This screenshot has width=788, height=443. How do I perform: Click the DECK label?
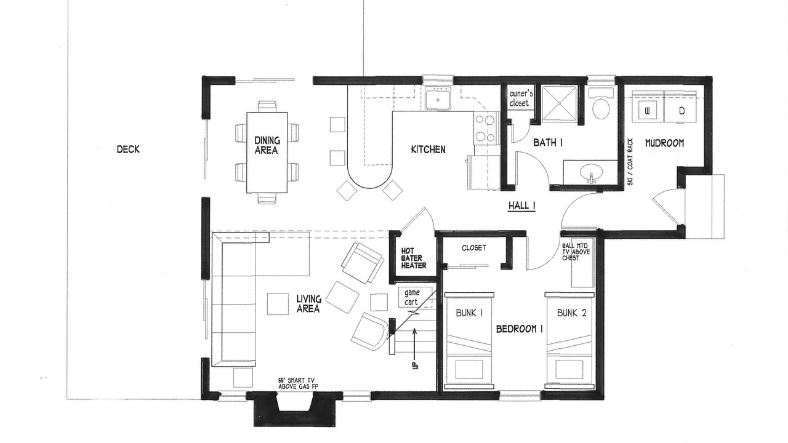click(128, 150)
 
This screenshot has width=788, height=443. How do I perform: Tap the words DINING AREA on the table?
click(267, 146)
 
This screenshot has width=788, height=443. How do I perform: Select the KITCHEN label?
click(428, 150)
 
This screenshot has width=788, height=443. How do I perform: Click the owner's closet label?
click(521, 98)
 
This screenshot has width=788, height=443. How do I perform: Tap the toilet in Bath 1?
click(601, 105)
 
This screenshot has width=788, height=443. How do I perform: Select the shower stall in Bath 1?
click(559, 104)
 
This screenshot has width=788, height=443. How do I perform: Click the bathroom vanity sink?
click(592, 174)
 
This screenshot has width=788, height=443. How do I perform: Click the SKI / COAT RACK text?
click(630, 162)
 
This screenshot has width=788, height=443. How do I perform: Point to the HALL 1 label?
click(521, 206)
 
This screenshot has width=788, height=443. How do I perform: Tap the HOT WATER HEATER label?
click(414, 258)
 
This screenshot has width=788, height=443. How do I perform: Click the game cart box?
click(415, 297)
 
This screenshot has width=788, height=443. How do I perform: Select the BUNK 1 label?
click(468, 313)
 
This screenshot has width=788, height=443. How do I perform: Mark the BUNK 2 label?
click(572, 313)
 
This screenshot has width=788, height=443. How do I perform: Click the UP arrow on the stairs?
click(415, 348)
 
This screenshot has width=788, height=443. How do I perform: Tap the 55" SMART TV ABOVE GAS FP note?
click(296, 383)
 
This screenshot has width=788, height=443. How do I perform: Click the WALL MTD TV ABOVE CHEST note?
click(576, 252)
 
